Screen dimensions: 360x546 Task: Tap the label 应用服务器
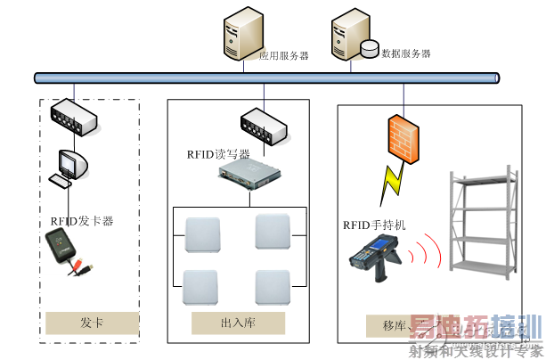tap(284, 55)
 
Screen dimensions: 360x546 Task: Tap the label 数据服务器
tap(406, 53)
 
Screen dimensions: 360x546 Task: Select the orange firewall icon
tap(400, 139)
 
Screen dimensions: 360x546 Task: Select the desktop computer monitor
tap(70, 164)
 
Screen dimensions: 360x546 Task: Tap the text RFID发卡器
tap(82, 221)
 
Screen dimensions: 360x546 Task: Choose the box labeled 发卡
tap(92, 322)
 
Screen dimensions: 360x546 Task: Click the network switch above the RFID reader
tap(265, 126)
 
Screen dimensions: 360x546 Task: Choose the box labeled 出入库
tap(238, 322)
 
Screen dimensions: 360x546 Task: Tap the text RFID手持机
tap(374, 225)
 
